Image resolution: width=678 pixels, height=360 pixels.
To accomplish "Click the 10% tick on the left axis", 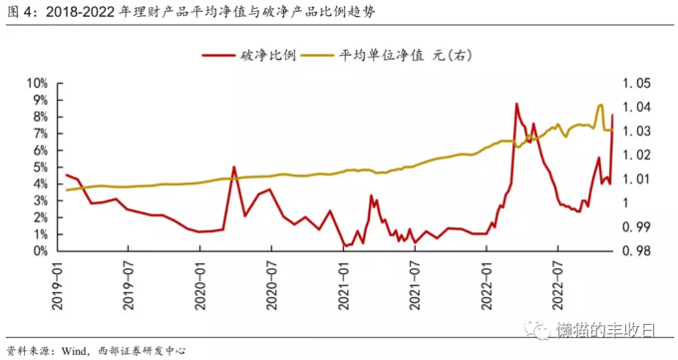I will coord(38,84).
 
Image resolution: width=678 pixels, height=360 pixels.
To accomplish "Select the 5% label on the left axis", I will coord(41,168).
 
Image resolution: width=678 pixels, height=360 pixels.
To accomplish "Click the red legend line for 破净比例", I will coord(218,57).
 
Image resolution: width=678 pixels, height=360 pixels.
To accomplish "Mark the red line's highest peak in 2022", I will coord(516,104).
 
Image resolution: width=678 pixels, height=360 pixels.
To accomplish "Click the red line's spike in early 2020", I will coord(233,167).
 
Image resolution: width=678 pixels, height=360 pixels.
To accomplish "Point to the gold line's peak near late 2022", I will coord(600,105).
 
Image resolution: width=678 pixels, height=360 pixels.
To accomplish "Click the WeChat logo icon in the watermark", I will coord(540,328).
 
